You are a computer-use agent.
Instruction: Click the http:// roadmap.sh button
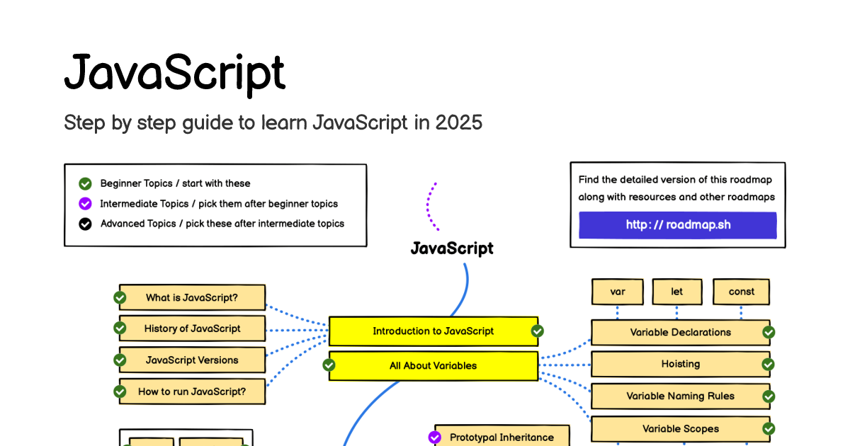[677, 225]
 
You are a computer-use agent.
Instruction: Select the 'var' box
[617, 292]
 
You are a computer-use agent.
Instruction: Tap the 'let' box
[676, 292]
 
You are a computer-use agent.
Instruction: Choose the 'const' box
[741, 292]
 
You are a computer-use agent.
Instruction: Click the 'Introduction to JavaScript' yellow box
[433, 331]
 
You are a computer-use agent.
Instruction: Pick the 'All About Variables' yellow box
[433, 366]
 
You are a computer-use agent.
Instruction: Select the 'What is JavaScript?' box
[192, 298]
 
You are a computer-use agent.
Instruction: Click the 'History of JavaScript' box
[192, 328]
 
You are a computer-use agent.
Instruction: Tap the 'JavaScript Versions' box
[192, 360]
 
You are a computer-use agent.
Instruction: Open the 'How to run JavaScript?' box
[192, 391]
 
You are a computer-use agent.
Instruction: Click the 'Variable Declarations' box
[680, 332]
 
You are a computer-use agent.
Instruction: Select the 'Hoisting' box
[680, 364]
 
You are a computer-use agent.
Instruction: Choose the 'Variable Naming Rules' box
[680, 396]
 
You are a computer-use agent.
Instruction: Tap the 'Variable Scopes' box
[680, 429]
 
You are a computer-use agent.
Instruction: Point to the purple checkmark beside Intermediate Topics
[85, 204]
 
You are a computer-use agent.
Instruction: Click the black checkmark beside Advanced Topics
[85, 224]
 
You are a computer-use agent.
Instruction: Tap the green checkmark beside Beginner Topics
[85, 184]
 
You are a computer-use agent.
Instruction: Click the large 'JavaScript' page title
[174, 73]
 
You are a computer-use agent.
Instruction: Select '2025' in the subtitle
[459, 123]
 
